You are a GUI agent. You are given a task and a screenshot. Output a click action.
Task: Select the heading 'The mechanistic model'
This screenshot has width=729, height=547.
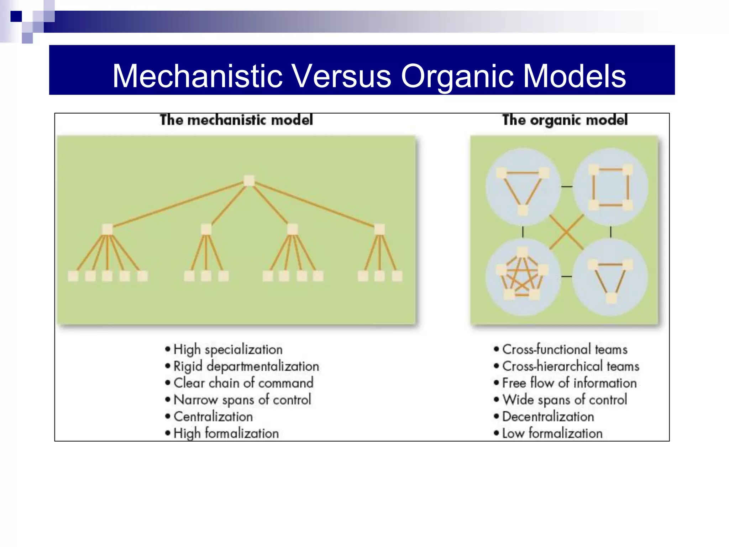point(236,120)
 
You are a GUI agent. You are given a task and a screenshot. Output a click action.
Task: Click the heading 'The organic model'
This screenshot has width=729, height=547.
point(565,120)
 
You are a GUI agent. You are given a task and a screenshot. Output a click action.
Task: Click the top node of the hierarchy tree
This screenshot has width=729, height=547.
point(249,180)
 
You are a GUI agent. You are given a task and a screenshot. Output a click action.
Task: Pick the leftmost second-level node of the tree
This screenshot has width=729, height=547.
point(107,229)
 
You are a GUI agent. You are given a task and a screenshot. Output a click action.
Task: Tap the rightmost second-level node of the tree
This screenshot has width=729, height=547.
point(379,229)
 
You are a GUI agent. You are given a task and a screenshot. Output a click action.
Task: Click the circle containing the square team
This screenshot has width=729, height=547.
point(610,187)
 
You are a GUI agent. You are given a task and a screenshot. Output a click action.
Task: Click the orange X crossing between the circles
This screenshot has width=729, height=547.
point(566,232)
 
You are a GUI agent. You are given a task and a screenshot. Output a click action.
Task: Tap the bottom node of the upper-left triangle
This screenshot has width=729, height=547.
point(523,210)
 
